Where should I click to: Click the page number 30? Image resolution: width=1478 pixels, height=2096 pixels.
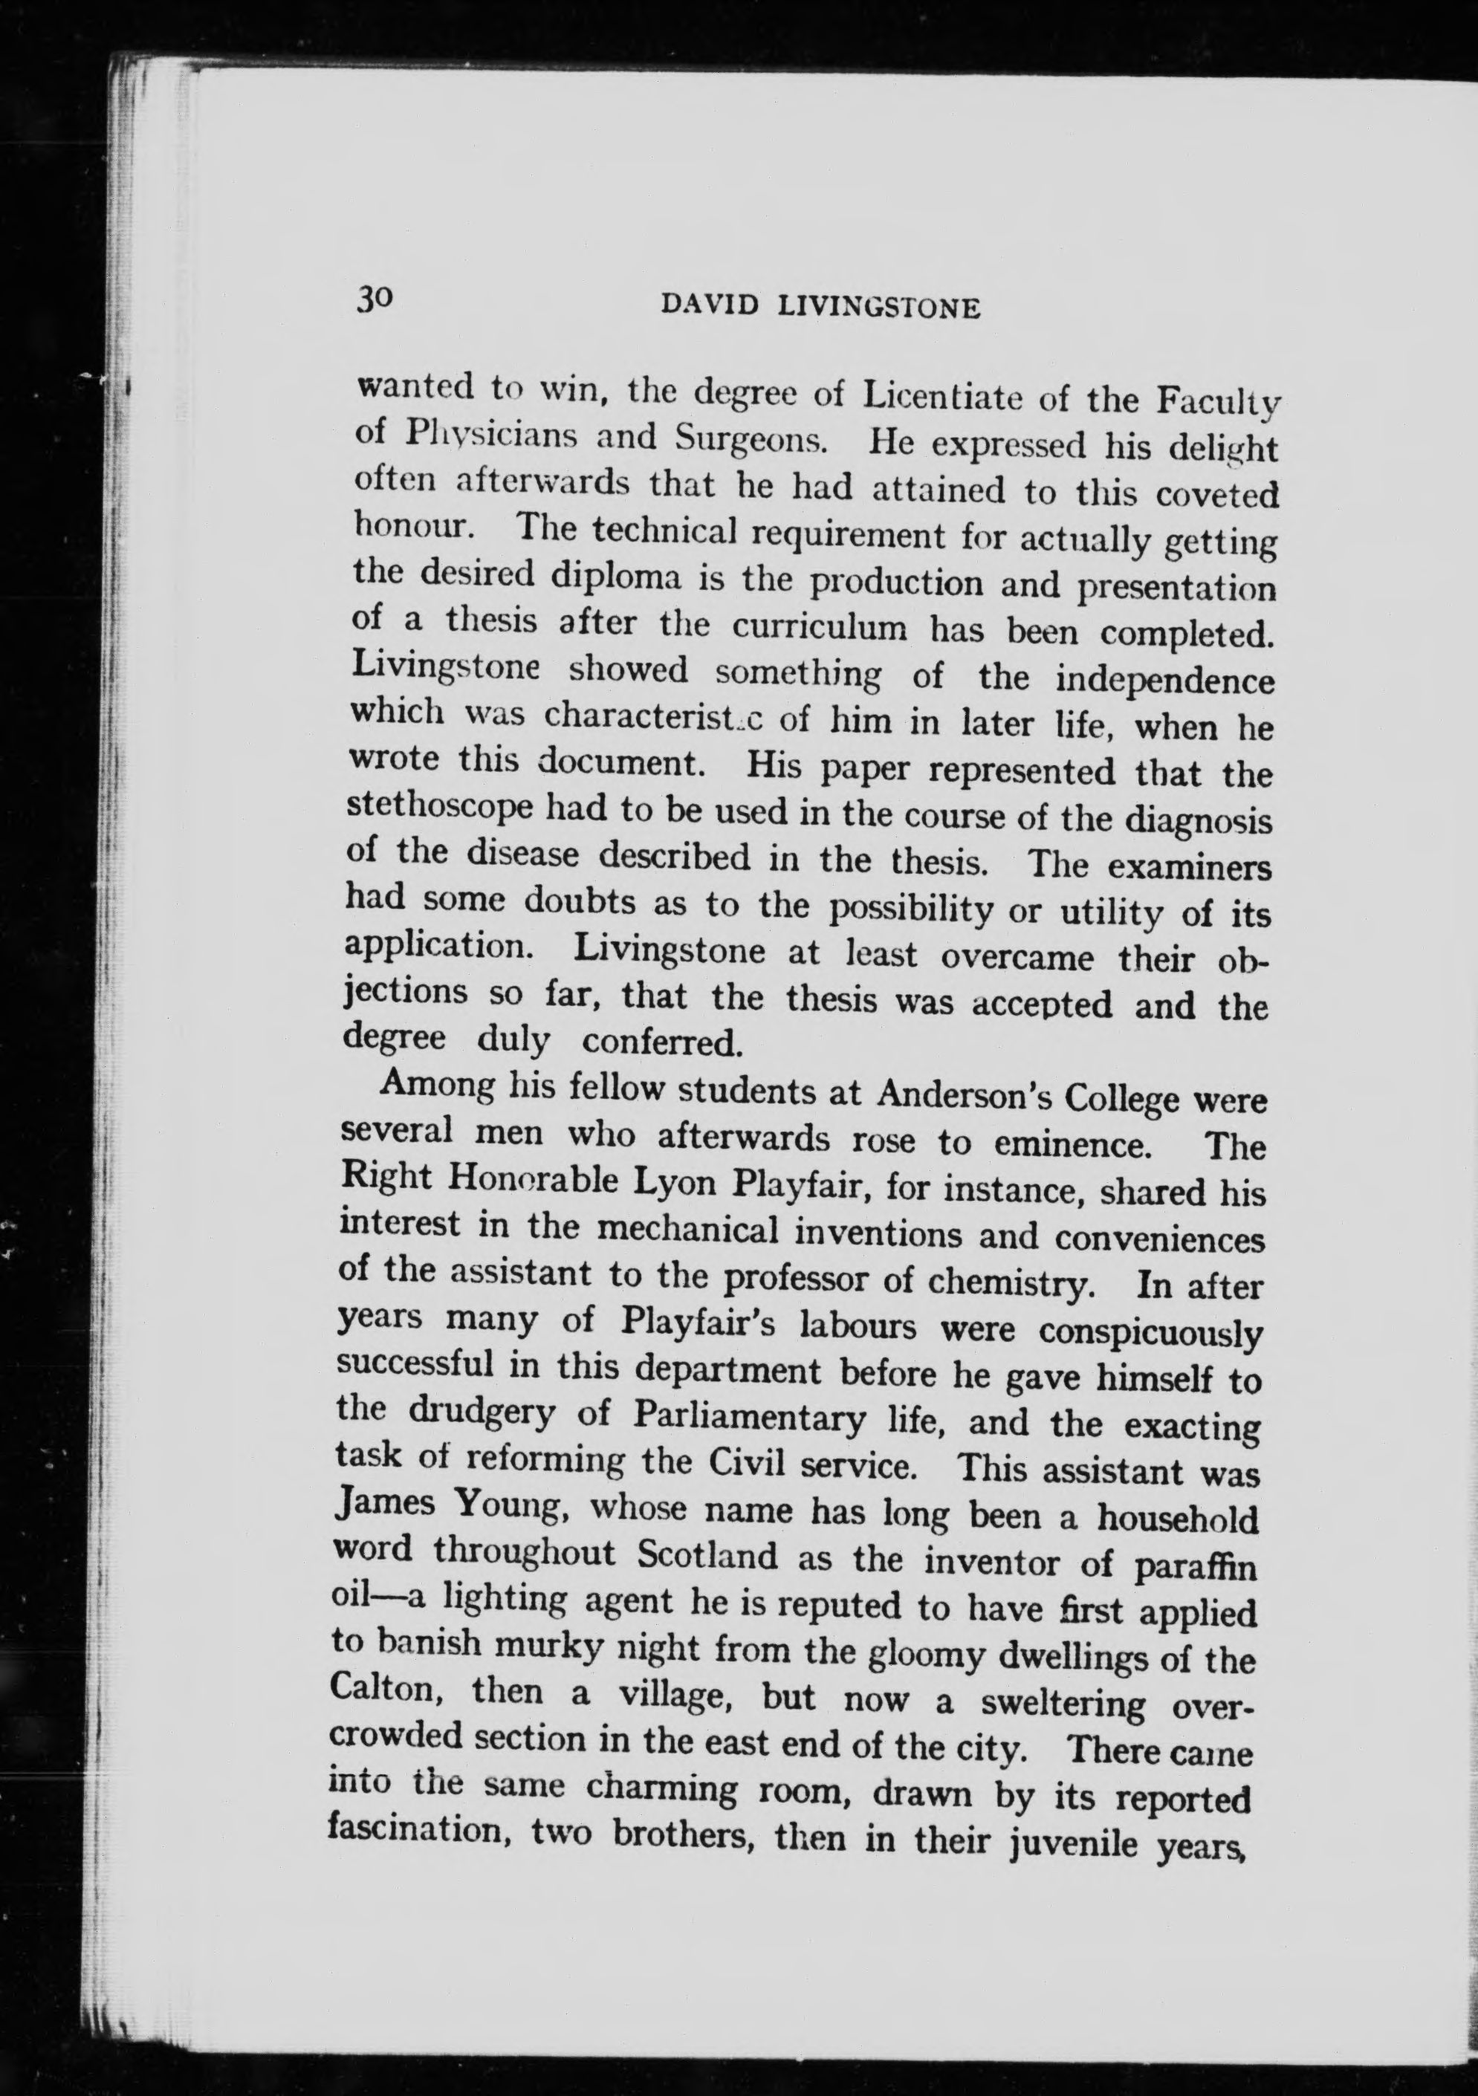pyautogui.click(x=375, y=299)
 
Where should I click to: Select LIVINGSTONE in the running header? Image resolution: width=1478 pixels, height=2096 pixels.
pyautogui.click(x=878, y=308)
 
